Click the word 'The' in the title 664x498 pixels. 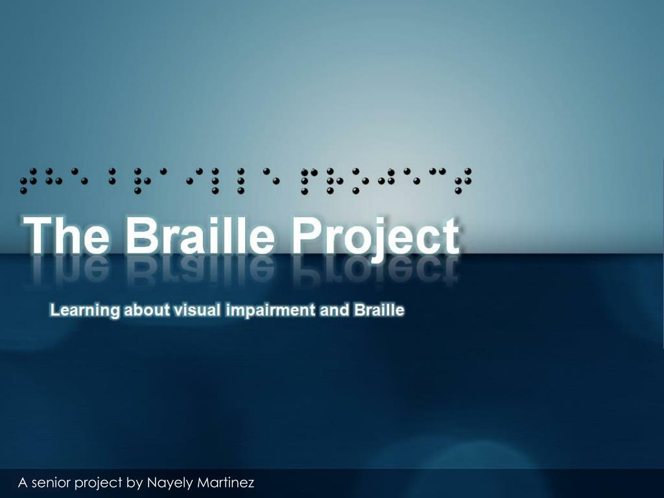(66, 235)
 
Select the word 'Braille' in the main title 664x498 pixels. (200, 235)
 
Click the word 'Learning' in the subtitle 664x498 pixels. (85, 311)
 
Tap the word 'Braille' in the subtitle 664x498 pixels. (379, 310)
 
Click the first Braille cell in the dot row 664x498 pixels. (29, 181)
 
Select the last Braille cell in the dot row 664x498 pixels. (463, 181)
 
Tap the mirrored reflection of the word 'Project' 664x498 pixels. (377, 269)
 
